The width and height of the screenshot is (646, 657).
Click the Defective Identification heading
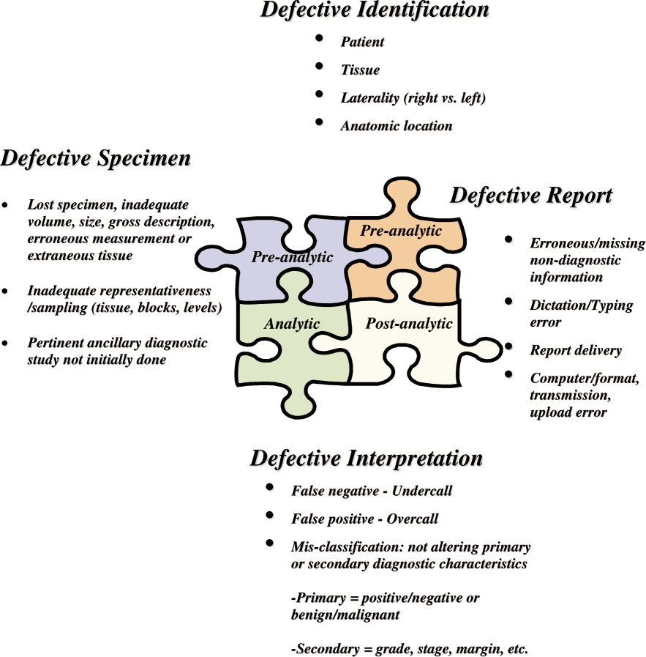pyautogui.click(x=374, y=10)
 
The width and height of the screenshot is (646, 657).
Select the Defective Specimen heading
pyautogui.click(x=97, y=158)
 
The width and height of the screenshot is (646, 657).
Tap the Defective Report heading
pyautogui.click(x=530, y=196)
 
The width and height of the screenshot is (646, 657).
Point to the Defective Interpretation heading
pyautogui.click(x=366, y=459)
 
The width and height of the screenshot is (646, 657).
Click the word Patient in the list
pyautogui.click(x=362, y=42)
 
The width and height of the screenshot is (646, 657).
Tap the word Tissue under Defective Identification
pyautogui.click(x=360, y=70)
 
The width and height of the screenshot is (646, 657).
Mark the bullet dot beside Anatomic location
pyautogui.click(x=319, y=122)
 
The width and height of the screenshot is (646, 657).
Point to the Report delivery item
pyautogui.click(x=576, y=351)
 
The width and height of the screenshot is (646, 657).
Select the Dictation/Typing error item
pyautogui.click(x=582, y=313)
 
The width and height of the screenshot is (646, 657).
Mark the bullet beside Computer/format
pyautogui.click(x=507, y=375)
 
